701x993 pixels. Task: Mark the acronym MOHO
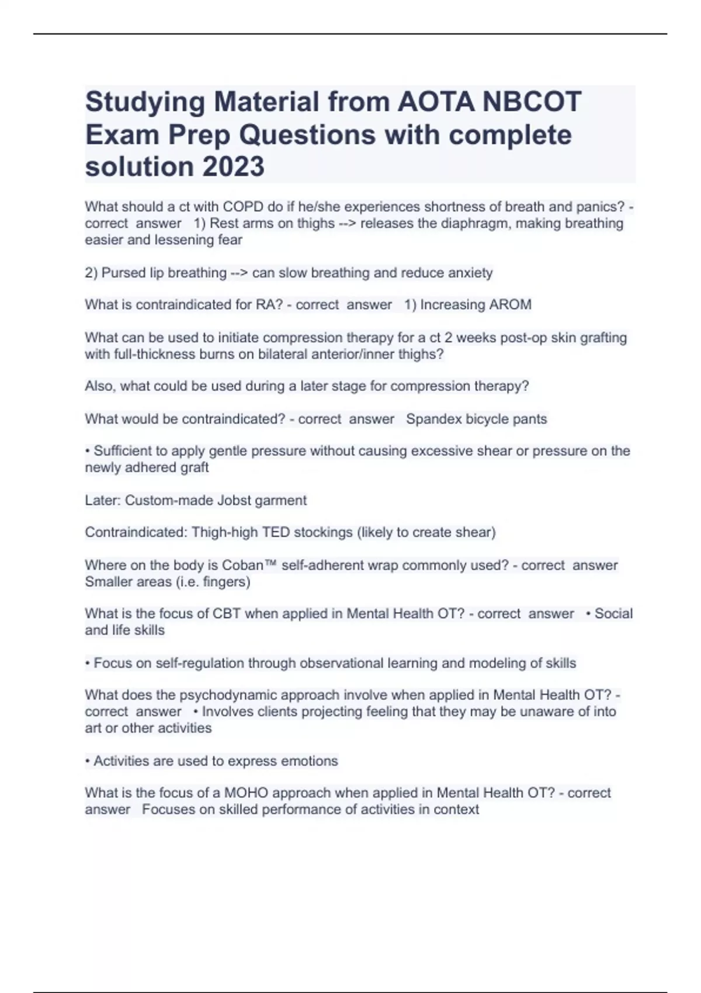click(x=246, y=793)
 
